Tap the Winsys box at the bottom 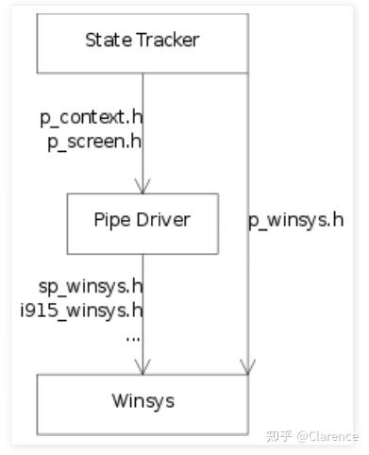(x=143, y=403)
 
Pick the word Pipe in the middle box (x=111, y=221)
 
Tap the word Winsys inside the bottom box (x=143, y=401)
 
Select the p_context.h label (x=91, y=120)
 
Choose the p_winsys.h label (x=295, y=221)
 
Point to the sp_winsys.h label (x=90, y=286)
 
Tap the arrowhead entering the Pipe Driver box (x=143, y=186)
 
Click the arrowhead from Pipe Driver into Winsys (x=143, y=366)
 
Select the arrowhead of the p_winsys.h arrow (x=248, y=366)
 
